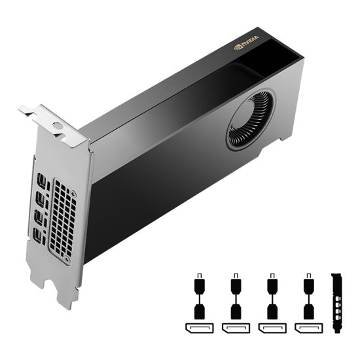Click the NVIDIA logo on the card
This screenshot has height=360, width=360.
(247, 42)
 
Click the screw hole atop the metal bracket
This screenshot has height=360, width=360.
(57, 123)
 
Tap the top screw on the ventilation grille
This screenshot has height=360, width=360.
(74, 194)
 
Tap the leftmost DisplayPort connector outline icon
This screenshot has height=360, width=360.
(197, 327)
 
